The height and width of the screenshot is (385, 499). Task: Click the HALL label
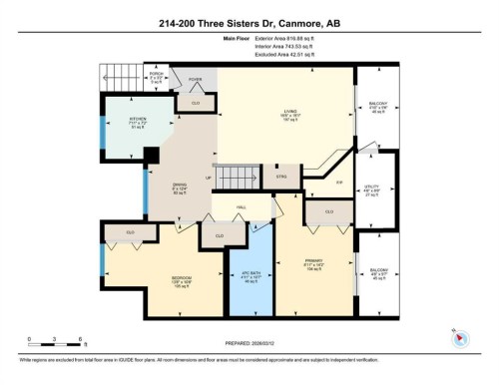coord(242,207)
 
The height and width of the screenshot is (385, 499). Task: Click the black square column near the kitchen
coord(152,156)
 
